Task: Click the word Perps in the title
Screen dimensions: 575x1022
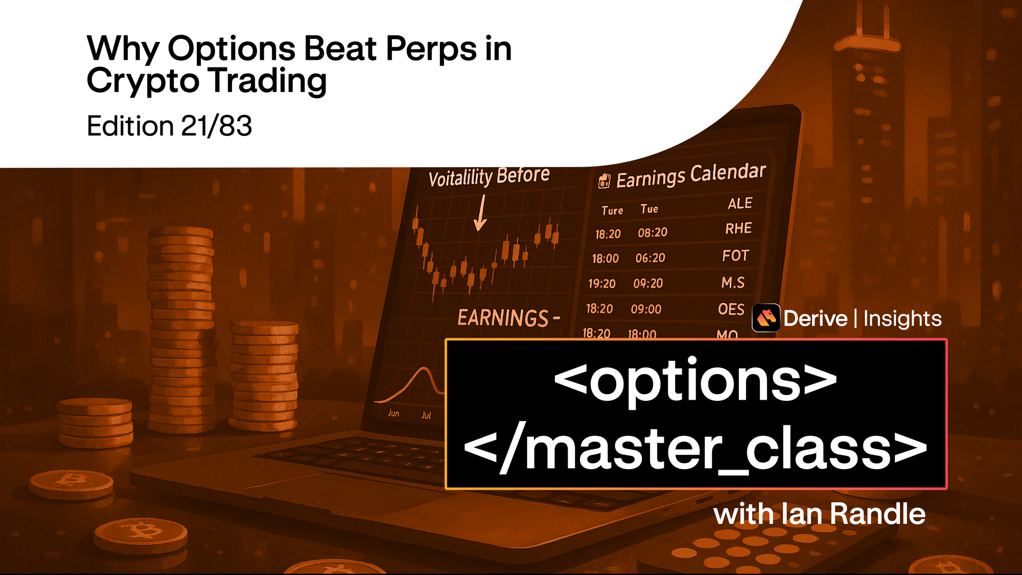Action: pos(431,50)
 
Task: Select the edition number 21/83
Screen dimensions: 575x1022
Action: pos(216,126)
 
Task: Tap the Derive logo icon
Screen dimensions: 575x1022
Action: pos(765,318)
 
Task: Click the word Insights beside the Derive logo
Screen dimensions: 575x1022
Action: pos(902,319)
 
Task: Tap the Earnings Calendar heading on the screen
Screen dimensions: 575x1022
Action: pos(690,175)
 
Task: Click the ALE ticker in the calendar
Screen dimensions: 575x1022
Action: pos(739,203)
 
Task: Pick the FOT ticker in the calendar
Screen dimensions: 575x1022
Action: pos(735,255)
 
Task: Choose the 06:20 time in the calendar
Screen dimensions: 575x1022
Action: pos(650,258)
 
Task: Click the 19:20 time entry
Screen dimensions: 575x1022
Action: pos(601,284)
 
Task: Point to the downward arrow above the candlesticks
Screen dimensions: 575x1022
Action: pos(480,214)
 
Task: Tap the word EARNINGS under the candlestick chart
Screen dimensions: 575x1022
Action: pos(503,318)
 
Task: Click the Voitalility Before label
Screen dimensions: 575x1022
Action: pos(489,177)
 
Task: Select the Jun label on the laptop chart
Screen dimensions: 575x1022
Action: pos(393,413)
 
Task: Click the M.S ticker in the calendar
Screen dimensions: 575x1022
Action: pos(733,283)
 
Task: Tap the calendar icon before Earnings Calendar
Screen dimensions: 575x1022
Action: pos(604,181)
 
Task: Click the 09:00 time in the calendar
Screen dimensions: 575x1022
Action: pos(646,309)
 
